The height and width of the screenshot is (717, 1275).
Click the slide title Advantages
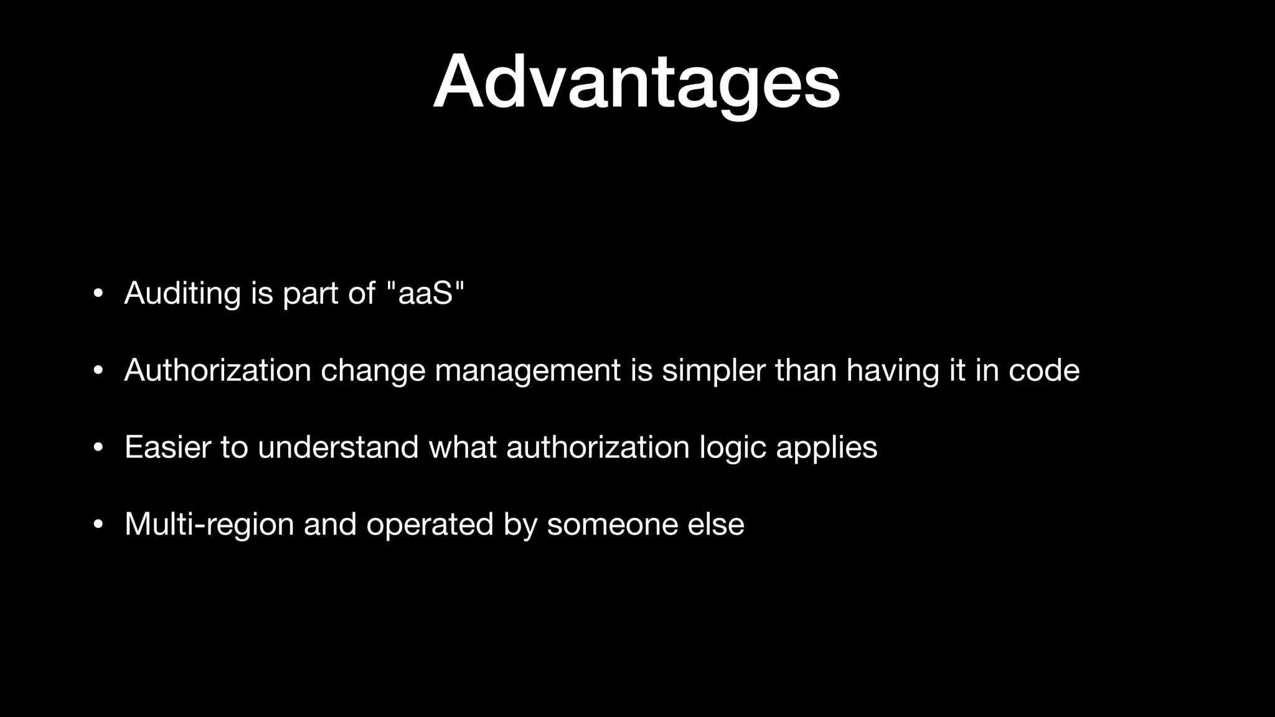coord(636,82)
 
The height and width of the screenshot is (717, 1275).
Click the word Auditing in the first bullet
coord(182,293)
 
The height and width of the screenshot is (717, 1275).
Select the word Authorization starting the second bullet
coord(217,370)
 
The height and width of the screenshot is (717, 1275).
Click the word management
coord(527,372)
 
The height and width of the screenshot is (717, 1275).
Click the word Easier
coord(167,448)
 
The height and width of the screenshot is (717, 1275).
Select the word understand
coord(338,448)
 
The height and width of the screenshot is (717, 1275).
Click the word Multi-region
coord(209,525)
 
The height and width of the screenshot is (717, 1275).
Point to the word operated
coord(430,525)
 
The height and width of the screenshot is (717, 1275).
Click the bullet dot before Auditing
coord(97,294)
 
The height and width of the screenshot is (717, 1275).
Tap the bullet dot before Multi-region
coord(97,525)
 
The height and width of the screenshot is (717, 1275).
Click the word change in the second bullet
coord(372,372)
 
